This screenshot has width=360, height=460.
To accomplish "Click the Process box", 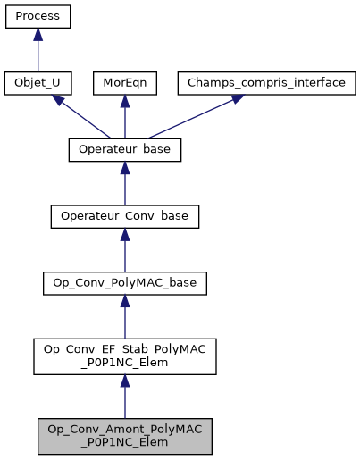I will click(x=37, y=17).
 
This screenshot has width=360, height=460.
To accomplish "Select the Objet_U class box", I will click(x=37, y=83).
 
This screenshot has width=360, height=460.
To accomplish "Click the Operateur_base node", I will click(x=125, y=150).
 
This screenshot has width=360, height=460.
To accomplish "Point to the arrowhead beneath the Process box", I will click(x=37, y=35).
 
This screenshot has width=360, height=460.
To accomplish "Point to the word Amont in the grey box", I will click(x=109, y=427).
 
